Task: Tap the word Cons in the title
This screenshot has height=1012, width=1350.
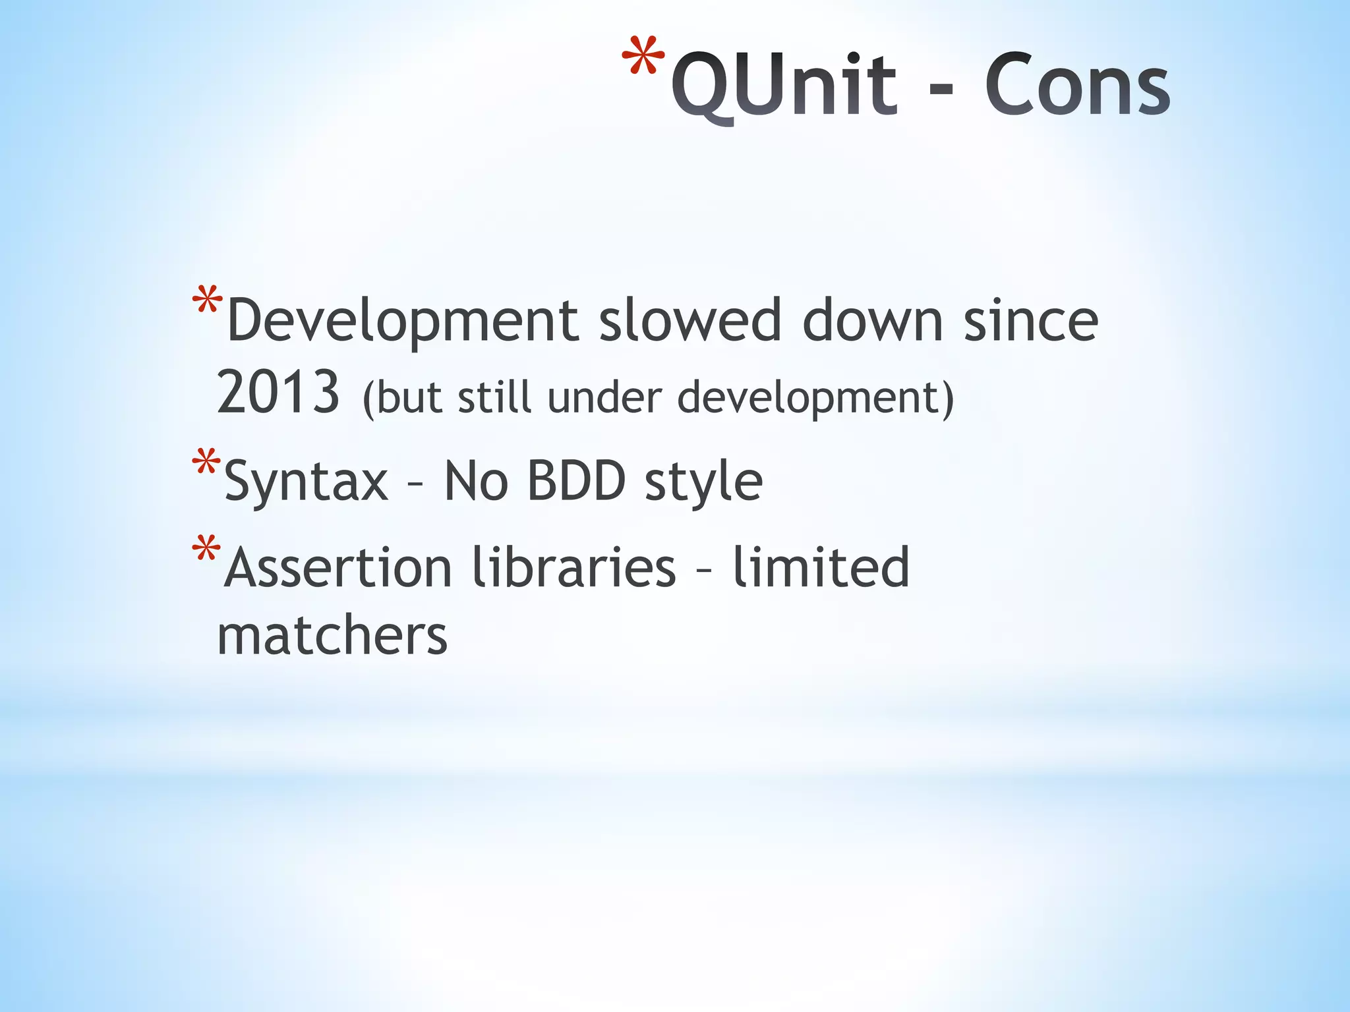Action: tap(1077, 86)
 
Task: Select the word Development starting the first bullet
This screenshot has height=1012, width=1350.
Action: tap(402, 321)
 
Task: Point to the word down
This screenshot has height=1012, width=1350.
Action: tap(872, 321)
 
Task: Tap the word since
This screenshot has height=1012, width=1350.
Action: tap(1030, 321)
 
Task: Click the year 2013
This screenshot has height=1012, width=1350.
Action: tap(278, 393)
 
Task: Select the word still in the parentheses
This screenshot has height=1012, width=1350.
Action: tap(494, 398)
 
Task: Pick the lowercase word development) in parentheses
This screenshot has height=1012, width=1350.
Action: tap(815, 398)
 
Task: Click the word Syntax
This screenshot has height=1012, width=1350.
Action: tap(307, 482)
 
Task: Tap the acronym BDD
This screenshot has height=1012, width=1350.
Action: tap(576, 482)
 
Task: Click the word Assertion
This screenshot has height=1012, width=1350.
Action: tap(338, 567)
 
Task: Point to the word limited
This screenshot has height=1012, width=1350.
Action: tap(821, 567)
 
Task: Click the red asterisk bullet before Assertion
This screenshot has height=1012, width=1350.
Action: tap(206, 549)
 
